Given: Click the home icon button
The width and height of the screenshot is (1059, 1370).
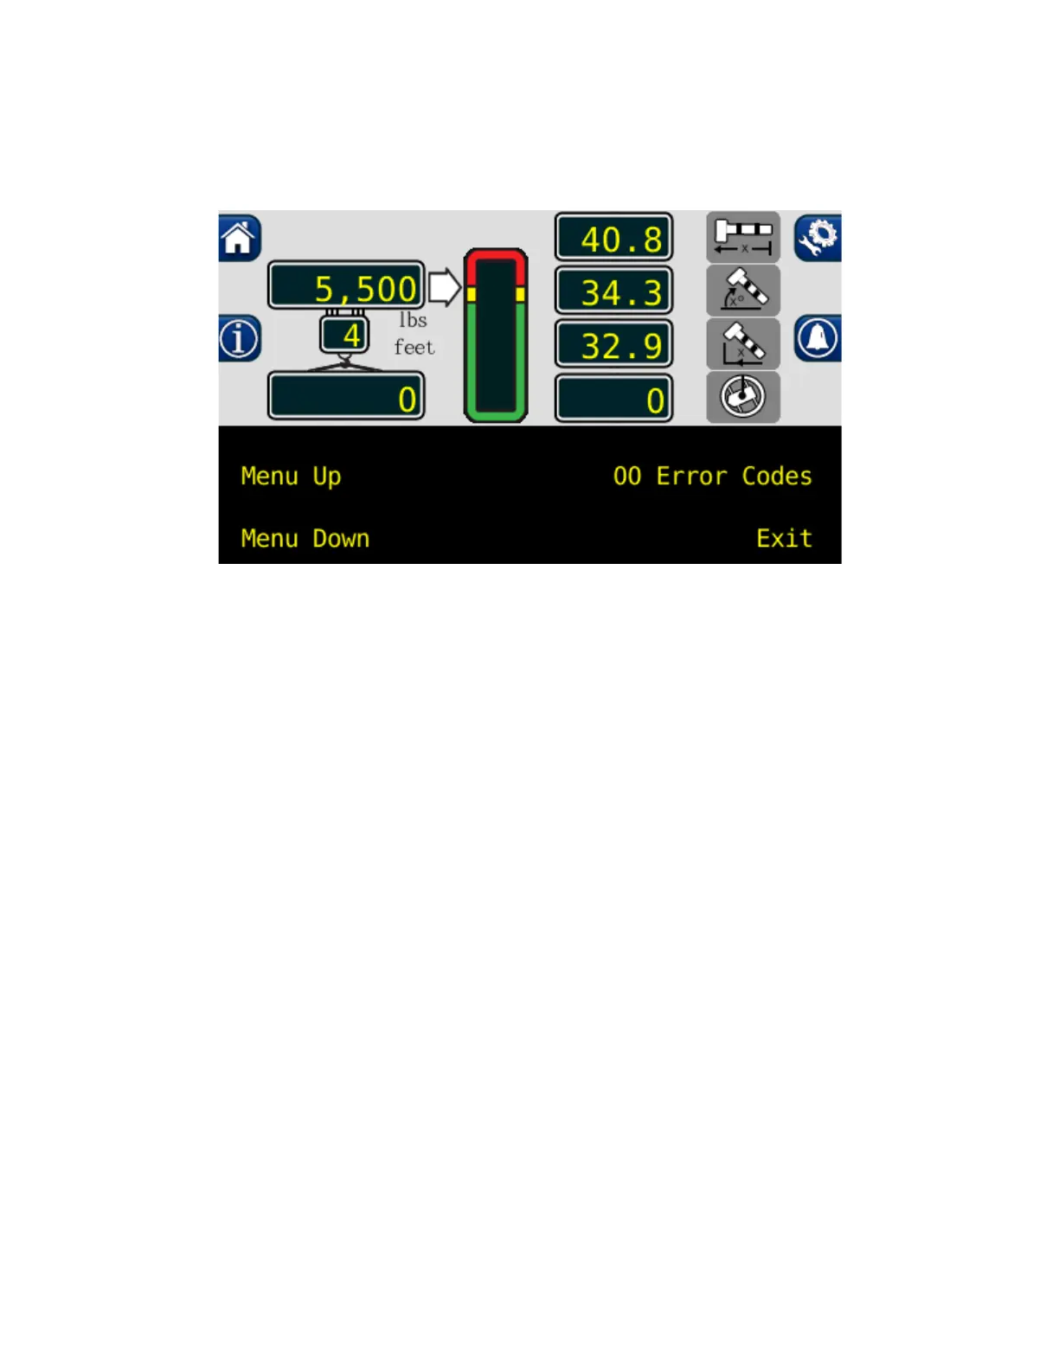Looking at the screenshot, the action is [x=239, y=238].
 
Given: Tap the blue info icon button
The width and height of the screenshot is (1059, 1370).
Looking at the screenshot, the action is [x=239, y=338].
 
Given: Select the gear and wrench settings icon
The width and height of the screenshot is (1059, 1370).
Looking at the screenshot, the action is [x=818, y=238].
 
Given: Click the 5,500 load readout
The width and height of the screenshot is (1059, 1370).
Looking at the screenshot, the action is [x=346, y=286].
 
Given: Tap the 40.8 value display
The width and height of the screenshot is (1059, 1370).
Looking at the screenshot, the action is [x=613, y=238].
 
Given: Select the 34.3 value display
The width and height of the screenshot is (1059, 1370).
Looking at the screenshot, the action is [x=613, y=291].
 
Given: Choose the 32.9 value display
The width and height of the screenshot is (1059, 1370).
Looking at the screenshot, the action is [x=613, y=345].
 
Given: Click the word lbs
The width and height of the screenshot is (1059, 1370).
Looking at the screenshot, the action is [x=413, y=320].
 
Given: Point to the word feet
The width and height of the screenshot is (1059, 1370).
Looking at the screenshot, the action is [x=414, y=347].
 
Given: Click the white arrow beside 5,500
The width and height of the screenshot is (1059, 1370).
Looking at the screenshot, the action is [x=444, y=287].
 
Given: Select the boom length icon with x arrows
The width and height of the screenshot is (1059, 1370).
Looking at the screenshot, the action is [x=743, y=237].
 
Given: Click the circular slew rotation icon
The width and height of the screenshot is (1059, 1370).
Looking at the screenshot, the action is [x=743, y=398].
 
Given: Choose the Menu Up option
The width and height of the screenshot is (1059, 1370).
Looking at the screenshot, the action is [x=291, y=477].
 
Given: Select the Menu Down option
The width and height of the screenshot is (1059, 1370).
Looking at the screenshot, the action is [x=305, y=539].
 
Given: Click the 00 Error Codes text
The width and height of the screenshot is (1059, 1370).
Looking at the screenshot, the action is [x=712, y=477].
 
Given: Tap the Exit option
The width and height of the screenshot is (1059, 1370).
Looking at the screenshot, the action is [x=784, y=539].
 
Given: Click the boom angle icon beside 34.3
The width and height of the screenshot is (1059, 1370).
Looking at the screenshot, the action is [x=743, y=291].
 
